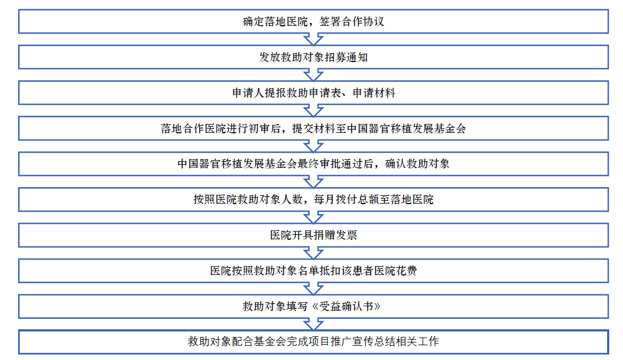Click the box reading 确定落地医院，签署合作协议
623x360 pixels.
tap(313, 21)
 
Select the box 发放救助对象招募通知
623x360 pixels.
tap(313, 57)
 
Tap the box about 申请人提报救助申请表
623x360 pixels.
tap(313, 93)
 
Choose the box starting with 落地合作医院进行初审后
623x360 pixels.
tap(313, 128)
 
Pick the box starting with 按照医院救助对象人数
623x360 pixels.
tap(313, 199)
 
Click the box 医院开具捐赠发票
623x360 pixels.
tap(313, 235)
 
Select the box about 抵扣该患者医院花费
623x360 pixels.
tap(313, 271)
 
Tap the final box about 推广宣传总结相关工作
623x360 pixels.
tap(313, 342)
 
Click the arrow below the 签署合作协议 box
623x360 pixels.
tap(313, 40)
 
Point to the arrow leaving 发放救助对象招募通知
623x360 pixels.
tap(313, 75)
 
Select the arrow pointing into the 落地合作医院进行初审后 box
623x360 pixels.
tap(313, 111)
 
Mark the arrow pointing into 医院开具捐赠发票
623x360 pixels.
tap(313, 217)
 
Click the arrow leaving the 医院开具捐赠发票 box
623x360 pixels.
tap(313, 253)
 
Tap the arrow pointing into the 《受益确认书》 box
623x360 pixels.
tap(313, 289)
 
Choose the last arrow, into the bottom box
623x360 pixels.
tap(313, 324)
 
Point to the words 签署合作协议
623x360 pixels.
tap(352, 21)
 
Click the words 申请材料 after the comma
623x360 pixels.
tap(374, 93)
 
